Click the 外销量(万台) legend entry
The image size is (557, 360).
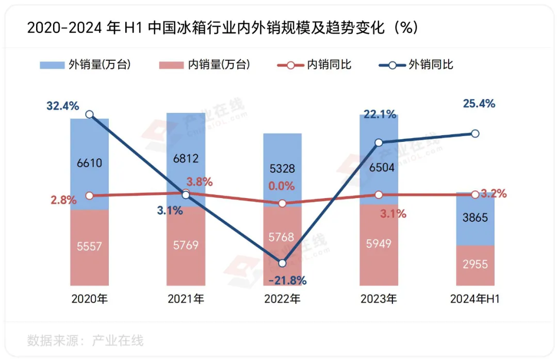(85, 65)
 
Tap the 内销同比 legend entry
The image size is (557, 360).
(315, 65)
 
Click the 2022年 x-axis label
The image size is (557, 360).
(282, 299)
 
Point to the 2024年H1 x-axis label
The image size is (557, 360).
(475, 299)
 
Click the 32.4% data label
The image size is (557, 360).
(63, 106)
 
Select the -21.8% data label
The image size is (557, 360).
(288, 281)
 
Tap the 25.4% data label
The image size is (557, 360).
(479, 104)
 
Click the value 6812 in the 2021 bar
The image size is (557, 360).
(186, 158)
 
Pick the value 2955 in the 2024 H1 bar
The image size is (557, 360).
(475, 264)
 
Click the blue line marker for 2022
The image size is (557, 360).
(282, 263)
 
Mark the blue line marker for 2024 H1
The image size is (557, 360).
(476, 134)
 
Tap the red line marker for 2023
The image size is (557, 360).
(379, 195)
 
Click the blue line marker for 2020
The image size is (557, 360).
(89, 114)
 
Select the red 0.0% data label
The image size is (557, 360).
(282, 186)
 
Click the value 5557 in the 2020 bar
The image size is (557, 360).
(89, 247)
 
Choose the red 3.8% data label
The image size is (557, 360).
(200, 182)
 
